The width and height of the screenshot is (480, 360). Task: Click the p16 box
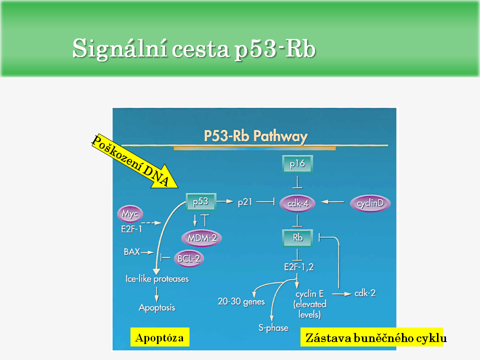click(x=297, y=163)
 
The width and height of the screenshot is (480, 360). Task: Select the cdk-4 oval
click(x=297, y=203)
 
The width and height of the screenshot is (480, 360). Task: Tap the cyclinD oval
click(x=370, y=203)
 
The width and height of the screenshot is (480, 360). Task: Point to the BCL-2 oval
click(x=188, y=258)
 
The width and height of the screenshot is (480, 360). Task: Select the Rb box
click(x=297, y=238)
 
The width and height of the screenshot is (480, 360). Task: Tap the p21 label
click(x=244, y=202)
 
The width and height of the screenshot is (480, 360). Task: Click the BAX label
click(x=131, y=252)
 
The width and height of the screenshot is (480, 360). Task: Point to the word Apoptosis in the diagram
click(x=157, y=307)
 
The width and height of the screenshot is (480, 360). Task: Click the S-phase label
click(x=273, y=327)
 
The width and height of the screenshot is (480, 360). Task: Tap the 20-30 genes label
click(x=241, y=302)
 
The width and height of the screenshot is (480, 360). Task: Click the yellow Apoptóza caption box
click(x=160, y=337)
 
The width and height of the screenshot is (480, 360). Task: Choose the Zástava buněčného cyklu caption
click(x=372, y=338)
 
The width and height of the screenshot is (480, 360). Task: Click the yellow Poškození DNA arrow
click(x=135, y=162)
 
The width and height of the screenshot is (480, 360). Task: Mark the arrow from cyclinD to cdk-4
click(x=333, y=202)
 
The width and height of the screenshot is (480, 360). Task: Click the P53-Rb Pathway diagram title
click(x=255, y=136)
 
